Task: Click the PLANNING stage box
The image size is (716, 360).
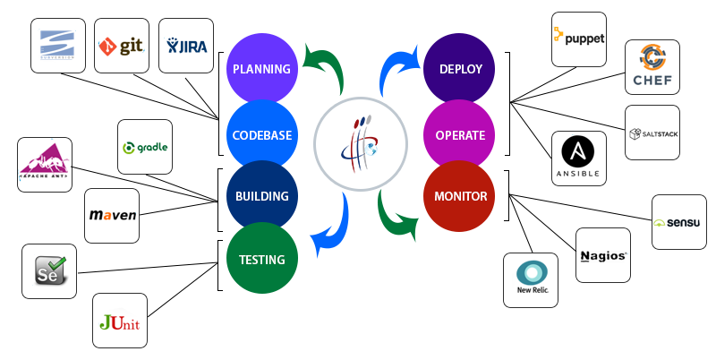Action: [x=260, y=68]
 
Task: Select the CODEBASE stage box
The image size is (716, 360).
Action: [x=261, y=135]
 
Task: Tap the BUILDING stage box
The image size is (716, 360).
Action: [x=261, y=196]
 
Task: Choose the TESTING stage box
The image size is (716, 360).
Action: [x=261, y=260]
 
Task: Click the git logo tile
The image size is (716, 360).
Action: [x=121, y=43]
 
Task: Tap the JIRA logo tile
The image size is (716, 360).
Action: [x=185, y=44]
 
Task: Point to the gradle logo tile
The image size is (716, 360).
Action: [x=144, y=147]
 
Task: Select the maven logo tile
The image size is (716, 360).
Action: [x=112, y=216]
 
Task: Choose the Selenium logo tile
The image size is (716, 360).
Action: [x=48, y=270]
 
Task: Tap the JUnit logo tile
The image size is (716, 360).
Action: [x=120, y=320]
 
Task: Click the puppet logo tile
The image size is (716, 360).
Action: [x=578, y=39]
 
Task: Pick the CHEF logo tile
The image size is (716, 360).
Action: [x=652, y=67]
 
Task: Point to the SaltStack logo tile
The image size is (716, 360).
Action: [x=652, y=133]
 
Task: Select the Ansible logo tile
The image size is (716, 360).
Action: [x=578, y=159]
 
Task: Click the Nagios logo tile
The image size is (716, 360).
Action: [x=602, y=255]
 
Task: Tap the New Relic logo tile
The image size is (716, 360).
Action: [x=530, y=279]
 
